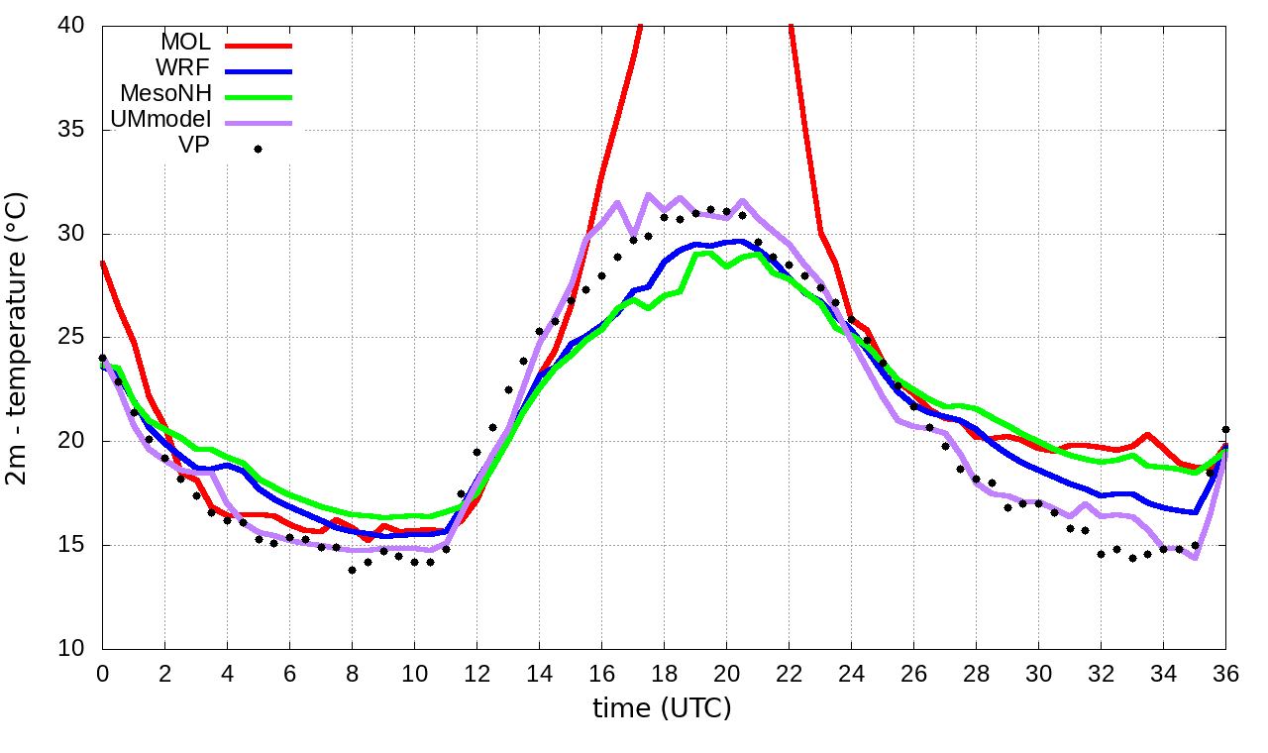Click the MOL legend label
[186, 44]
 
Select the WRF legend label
[184, 69]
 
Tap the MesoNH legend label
[165, 95]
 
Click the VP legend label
[193, 148]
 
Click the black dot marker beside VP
[258, 149]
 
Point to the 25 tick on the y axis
[73, 337]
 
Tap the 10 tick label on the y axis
[73, 649]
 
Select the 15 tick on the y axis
[73, 545]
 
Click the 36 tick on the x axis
[1225, 671]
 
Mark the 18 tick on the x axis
[664, 671]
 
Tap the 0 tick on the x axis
[102, 671]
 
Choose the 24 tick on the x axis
[851, 671]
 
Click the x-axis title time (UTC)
[662, 708]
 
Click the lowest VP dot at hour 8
[352, 570]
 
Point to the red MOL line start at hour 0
[103, 263]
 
